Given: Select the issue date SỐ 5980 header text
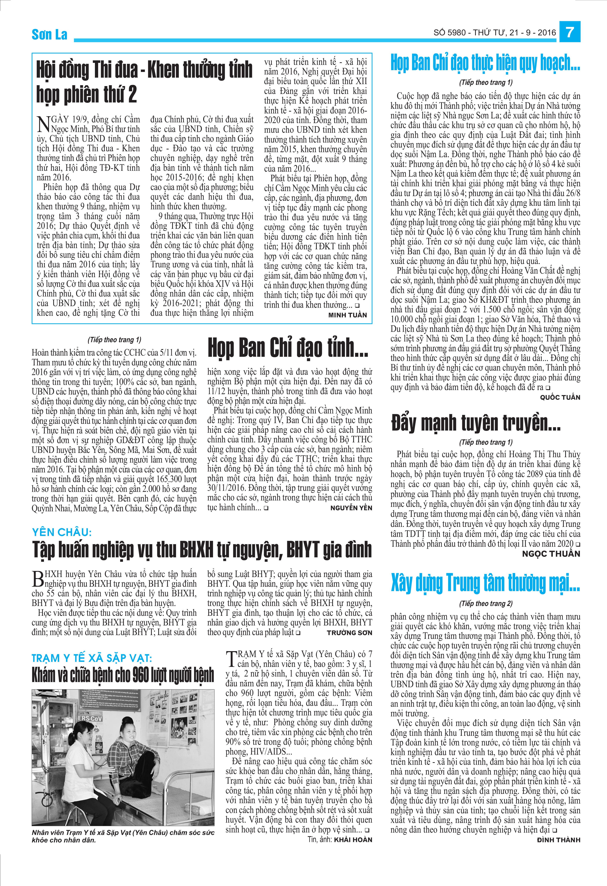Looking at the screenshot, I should tap(494, 33).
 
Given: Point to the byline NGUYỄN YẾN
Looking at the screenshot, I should tap(351, 508).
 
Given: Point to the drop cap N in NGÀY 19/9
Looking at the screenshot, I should tap(44, 124).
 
